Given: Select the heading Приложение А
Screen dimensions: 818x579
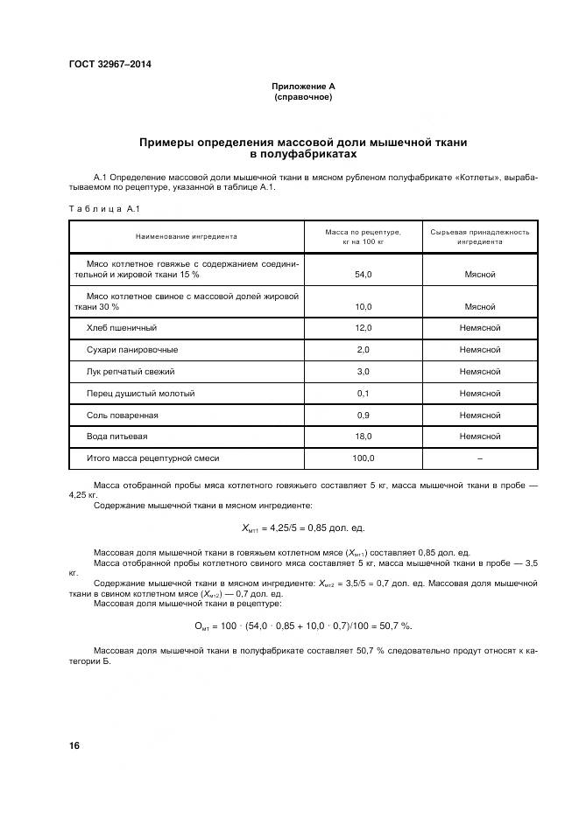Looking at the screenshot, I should click(x=302, y=87).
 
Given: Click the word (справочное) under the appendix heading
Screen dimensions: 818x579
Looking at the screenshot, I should click(x=302, y=97).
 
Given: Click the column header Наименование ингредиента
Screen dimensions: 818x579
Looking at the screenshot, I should click(x=186, y=236).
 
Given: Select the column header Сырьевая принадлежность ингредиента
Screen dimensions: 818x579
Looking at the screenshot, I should click(x=479, y=236).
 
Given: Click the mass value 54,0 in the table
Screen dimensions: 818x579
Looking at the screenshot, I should click(x=363, y=275).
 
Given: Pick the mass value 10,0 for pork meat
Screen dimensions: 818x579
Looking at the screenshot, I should click(x=363, y=307).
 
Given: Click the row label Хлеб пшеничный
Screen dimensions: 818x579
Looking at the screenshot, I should click(x=122, y=328).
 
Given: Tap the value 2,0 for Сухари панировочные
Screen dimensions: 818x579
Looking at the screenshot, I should click(x=363, y=350).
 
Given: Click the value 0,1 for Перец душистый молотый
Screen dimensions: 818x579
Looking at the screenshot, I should click(x=363, y=394).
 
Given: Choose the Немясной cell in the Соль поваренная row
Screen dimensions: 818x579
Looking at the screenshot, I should click(x=479, y=416).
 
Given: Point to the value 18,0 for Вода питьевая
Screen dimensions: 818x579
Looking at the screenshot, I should click(x=363, y=437).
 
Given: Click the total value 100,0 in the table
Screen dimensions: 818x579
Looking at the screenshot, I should click(x=363, y=458).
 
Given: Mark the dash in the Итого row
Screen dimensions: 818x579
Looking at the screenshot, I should click(x=479, y=458).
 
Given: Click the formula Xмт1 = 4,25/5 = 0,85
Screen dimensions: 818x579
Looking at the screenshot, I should click(x=302, y=528).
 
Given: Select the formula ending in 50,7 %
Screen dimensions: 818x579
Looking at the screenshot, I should click(x=302, y=626).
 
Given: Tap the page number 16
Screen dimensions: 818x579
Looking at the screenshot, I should click(x=74, y=746).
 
